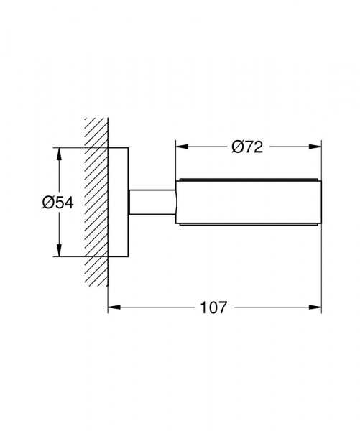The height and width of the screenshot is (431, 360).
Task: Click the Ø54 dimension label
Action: tap(58, 203)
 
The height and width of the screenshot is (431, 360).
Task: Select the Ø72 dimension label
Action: tap(247, 147)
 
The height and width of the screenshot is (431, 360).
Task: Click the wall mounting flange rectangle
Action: tap(118, 202)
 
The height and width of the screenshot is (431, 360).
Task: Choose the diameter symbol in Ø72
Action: tap(236, 147)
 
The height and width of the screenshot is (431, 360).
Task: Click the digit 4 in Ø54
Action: tap(69, 203)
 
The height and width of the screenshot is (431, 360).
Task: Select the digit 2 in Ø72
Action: tap(257, 147)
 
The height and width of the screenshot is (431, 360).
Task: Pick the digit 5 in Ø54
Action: tap(60, 203)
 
